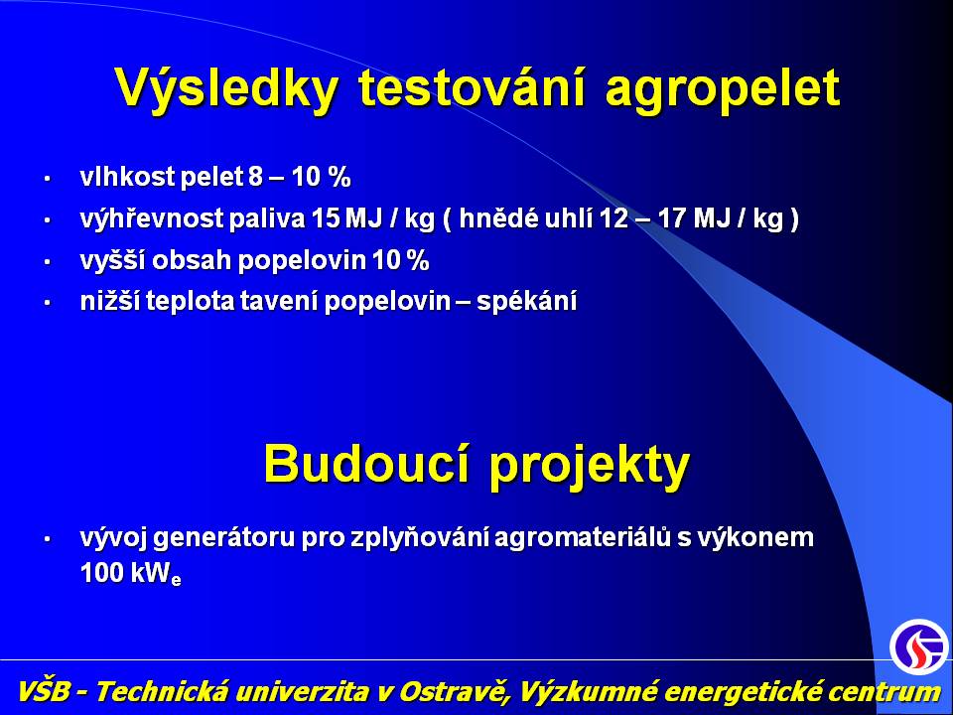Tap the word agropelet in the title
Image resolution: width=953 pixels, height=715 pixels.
[723, 91]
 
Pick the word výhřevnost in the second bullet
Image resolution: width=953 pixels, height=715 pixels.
[151, 218]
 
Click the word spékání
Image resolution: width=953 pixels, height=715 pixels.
[526, 301]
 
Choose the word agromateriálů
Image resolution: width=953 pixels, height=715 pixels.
[584, 537]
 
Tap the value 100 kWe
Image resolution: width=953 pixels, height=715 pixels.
[131, 573]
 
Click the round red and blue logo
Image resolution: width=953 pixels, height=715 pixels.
[919, 646]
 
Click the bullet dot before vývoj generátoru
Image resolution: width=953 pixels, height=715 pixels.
[47, 538]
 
